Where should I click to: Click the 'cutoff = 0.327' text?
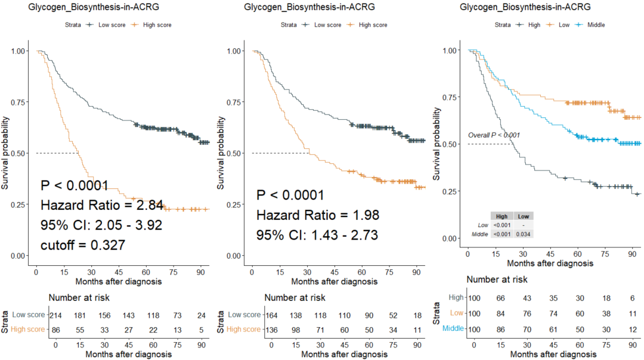pos(82,244)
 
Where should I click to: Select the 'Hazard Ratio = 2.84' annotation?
pos(102,206)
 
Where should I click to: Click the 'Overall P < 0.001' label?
pos(494,135)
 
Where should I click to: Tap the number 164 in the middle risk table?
pos(272,315)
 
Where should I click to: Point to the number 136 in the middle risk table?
pos(272,329)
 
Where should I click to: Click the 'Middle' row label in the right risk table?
pos(455,328)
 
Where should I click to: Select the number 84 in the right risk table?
pos(501,312)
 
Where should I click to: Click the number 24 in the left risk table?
pos(201,315)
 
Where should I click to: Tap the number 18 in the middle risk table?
pos(417,315)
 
